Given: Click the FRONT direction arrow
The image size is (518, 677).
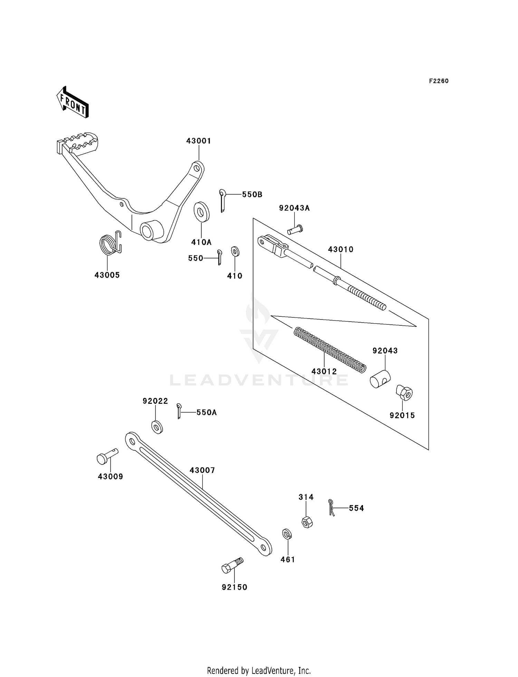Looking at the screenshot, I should pyautogui.click(x=73, y=103).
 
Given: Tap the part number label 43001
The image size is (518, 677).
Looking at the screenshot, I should pyautogui.click(x=199, y=141).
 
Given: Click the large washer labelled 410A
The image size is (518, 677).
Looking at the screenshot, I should pyautogui.click(x=201, y=211).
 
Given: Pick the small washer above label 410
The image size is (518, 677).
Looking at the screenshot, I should pyautogui.click(x=235, y=251).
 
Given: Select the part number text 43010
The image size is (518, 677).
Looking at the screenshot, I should pyautogui.click(x=340, y=249).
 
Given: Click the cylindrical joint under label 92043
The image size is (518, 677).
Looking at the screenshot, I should pyautogui.click(x=380, y=379).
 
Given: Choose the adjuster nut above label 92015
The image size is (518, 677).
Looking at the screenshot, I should pyautogui.click(x=404, y=393).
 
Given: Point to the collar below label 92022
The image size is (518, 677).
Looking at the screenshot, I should pyautogui.click(x=157, y=427).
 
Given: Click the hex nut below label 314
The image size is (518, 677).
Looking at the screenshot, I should pyautogui.click(x=307, y=522).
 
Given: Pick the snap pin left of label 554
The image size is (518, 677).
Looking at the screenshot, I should pyautogui.click(x=332, y=507).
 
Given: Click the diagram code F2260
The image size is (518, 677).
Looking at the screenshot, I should pyautogui.click(x=439, y=81).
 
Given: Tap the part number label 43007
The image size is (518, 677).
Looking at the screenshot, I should pyautogui.click(x=202, y=470).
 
